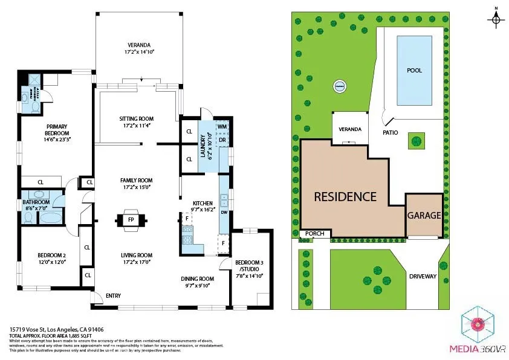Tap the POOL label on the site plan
coord(414,71)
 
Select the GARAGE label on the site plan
coord(424,216)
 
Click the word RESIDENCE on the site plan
coord(345,197)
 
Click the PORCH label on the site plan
coord(315,234)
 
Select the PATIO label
coord(389,131)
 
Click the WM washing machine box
coord(221,127)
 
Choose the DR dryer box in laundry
coord(222,140)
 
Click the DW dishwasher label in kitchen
coord(224,213)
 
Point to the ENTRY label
coord(113,296)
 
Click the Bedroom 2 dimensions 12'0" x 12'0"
coord(50,263)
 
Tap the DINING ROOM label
coord(198,278)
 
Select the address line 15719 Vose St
coord(49,330)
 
